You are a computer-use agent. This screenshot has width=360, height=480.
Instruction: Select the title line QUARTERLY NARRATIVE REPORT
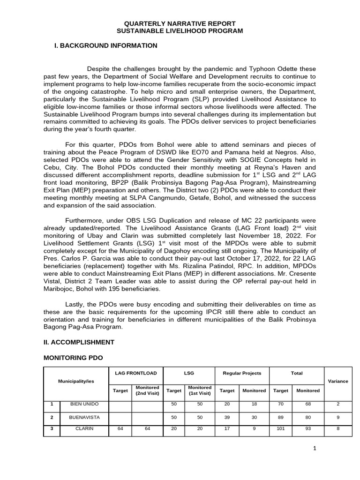180,23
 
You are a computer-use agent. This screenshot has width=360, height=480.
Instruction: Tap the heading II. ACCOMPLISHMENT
79,342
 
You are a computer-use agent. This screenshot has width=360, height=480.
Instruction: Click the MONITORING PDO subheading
73,358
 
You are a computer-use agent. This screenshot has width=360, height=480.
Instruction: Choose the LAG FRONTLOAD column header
135,373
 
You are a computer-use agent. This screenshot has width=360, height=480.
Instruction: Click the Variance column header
337,381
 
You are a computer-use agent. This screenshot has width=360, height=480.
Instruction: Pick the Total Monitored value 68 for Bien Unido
307,404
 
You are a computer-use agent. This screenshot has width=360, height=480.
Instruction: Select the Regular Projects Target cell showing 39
227,416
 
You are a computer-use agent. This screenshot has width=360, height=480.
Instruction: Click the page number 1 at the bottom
315,449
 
